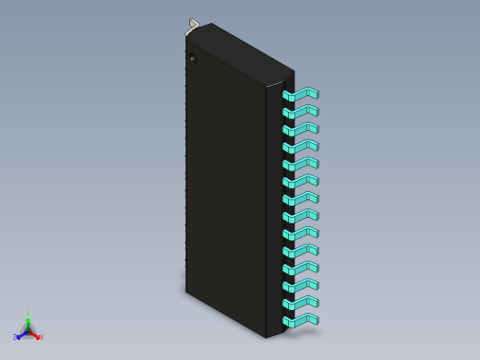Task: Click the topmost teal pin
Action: (301, 94)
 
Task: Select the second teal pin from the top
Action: (301, 112)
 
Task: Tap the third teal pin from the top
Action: (301, 129)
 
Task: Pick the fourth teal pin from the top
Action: (301, 147)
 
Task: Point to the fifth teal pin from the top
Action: (301, 164)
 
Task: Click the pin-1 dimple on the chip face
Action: (193, 59)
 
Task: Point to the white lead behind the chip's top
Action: (193, 24)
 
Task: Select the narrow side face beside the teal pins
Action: (274, 212)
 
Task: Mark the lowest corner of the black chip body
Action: (267, 338)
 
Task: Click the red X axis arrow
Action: (35, 334)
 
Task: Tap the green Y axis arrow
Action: (28, 322)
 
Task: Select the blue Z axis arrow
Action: (20, 335)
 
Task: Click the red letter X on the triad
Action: (41, 337)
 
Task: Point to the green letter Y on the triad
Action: (28, 314)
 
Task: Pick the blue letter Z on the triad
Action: (15, 338)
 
